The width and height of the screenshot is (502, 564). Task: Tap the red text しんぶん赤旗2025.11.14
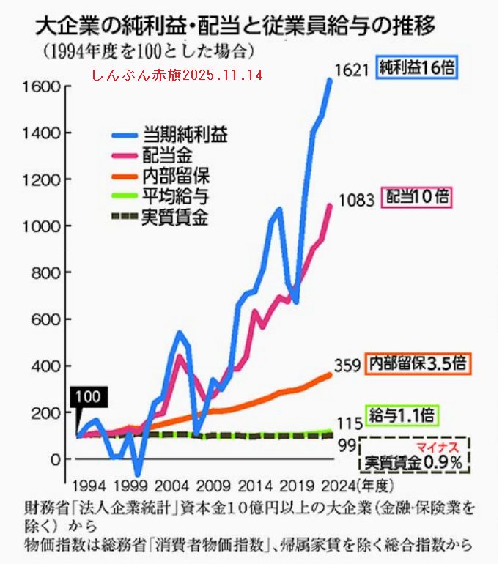pos(177,75)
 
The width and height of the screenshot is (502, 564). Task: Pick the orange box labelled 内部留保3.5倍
pos(416,363)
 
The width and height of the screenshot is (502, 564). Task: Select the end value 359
pos(347,364)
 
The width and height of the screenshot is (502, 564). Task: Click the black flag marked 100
pos(88,397)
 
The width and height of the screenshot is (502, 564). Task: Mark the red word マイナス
pos(438,446)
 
